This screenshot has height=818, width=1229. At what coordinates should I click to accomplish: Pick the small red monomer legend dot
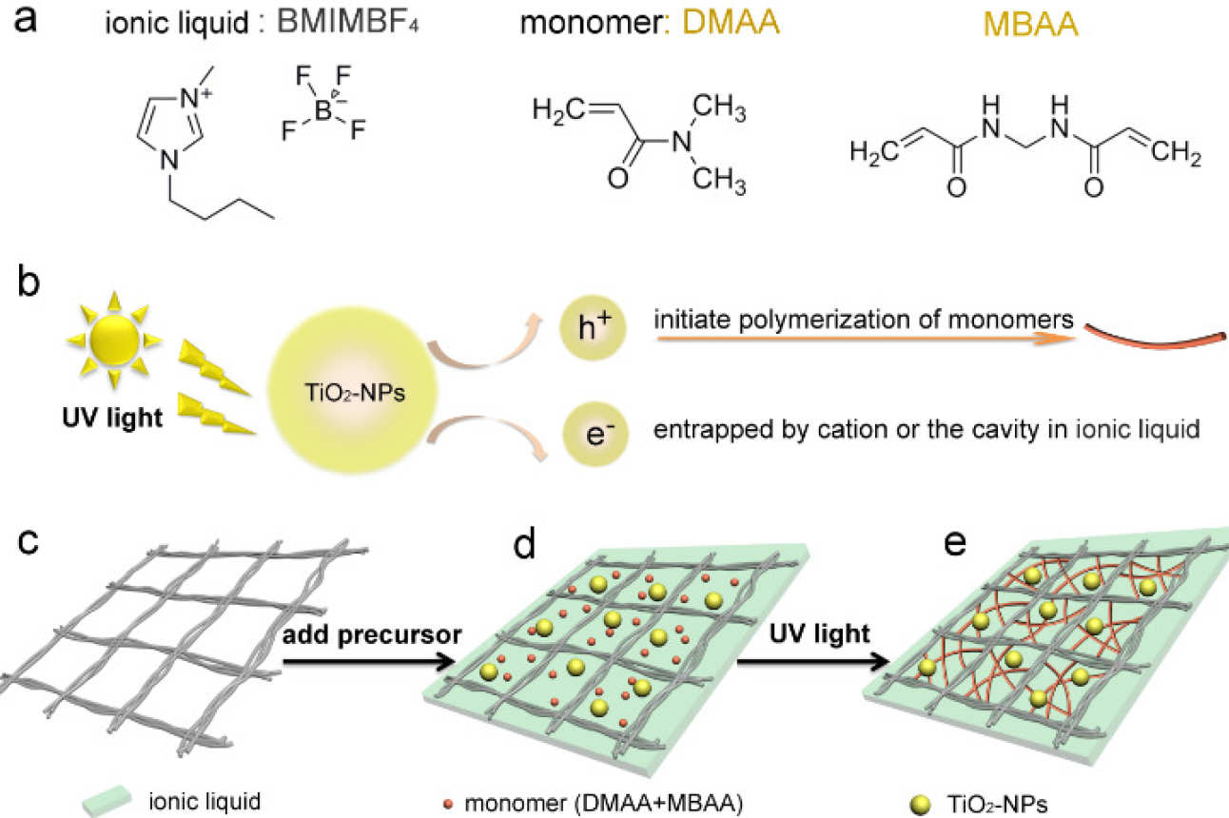tap(449, 802)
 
